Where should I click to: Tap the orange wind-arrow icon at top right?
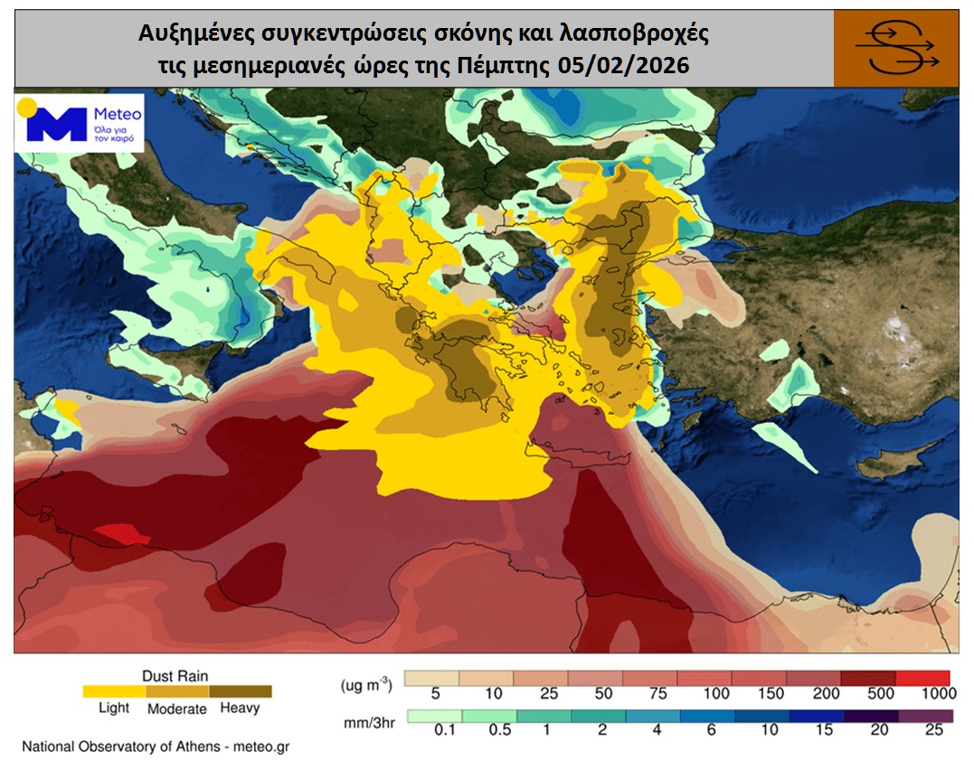(x=895, y=49)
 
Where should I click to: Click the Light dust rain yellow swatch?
(x=114, y=691)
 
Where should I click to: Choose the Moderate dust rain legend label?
(x=176, y=709)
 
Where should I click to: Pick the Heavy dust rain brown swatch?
(x=241, y=691)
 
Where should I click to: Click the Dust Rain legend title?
(x=175, y=674)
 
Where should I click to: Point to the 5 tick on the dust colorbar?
(x=436, y=695)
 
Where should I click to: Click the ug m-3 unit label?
(x=366, y=684)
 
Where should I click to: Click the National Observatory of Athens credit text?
(x=155, y=747)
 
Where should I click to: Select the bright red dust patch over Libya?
(x=123, y=534)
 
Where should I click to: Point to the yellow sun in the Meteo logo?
(x=28, y=107)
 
